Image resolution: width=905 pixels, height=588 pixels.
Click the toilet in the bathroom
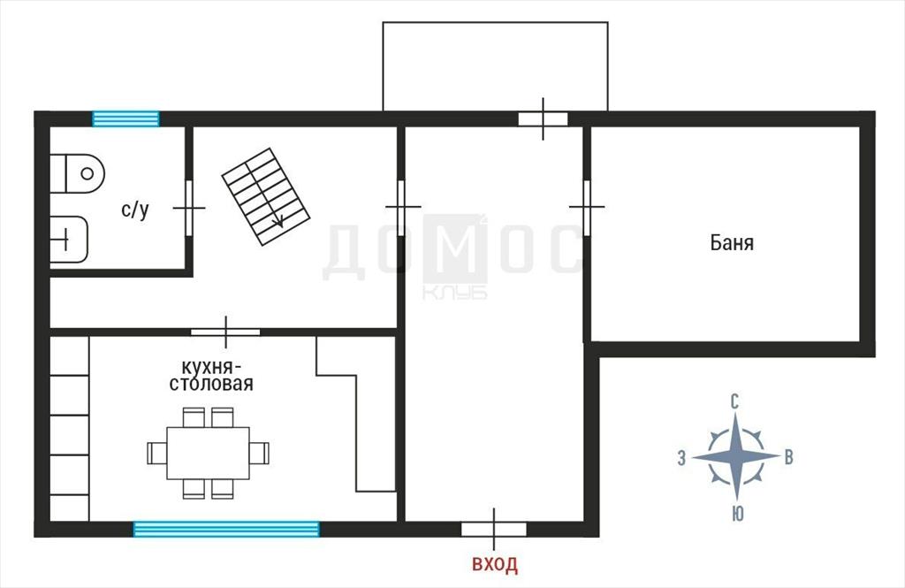pyautogui.click(x=78, y=173)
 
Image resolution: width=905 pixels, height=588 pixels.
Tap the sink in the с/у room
pyautogui.click(x=69, y=239)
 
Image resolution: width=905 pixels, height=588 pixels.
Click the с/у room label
pyautogui.click(x=135, y=209)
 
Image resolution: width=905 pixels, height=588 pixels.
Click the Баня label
pyautogui.click(x=732, y=242)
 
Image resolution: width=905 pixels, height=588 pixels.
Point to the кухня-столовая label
pyautogui.click(x=211, y=376)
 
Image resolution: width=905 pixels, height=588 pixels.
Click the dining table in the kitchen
pyautogui.click(x=208, y=454)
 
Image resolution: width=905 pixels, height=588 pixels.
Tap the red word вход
pyautogui.click(x=495, y=564)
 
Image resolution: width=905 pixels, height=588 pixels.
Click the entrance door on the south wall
pyautogui.click(x=493, y=529)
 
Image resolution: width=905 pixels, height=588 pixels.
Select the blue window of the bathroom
pyautogui.click(x=125, y=119)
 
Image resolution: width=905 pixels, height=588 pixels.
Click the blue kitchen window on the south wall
pyautogui.click(x=226, y=529)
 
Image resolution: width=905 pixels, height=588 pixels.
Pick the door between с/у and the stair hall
pyautogui.click(x=189, y=208)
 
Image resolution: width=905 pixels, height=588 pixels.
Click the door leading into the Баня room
pyautogui.click(x=587, y=207)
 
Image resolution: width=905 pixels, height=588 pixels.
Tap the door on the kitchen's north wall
pyautogui.click(x=225, y=332)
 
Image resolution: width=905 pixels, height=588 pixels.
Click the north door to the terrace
pyautogui.click(x=544, y=119)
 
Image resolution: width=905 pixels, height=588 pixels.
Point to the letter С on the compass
pyautogui.click(x=734, y=402)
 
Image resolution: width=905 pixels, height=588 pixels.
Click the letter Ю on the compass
pyautogui.click(x=737, y=514)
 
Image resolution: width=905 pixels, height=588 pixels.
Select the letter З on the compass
pyautogui.click(x=681, y=459)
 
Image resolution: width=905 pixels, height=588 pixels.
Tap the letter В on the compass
pyautogui.click(x=788, y=457)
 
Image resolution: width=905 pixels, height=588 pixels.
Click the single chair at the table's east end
pyautogui.click(x=259, y=454)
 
